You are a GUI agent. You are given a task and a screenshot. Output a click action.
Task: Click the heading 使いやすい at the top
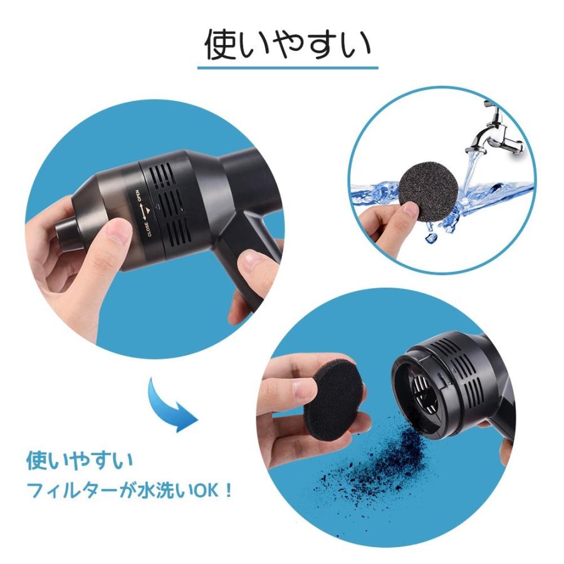(x=288, y=44)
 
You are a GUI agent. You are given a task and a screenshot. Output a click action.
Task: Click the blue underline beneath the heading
(x=288, y=67)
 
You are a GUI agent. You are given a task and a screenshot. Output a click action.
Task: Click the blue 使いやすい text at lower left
(x=80, y=461)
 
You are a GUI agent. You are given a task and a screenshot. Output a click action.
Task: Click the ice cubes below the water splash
(x=432, y=235)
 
